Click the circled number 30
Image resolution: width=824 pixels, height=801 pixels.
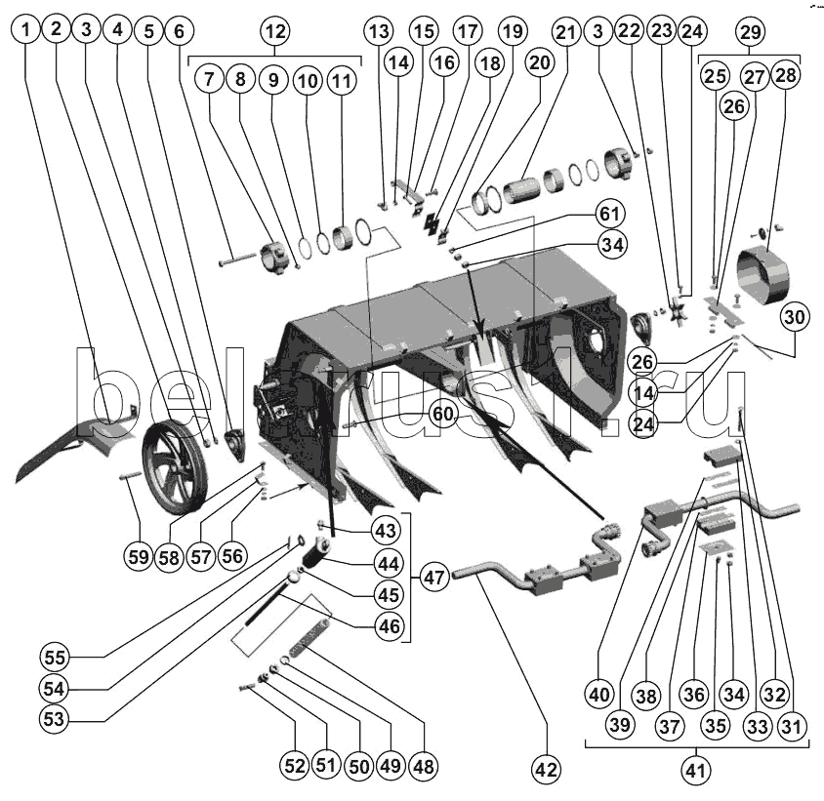click(x=794, y=317)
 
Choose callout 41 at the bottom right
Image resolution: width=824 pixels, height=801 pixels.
click(x=694, y=772)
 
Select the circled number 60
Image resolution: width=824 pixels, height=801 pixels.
click(x=442, y=414)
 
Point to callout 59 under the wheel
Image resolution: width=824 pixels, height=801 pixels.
click(x=139, y=557)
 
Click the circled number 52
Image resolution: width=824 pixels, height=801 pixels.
click(x=295, y=767)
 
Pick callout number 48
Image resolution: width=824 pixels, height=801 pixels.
click(x=424, y=767)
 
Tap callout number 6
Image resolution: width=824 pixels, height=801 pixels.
click(x=178, y=30)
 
